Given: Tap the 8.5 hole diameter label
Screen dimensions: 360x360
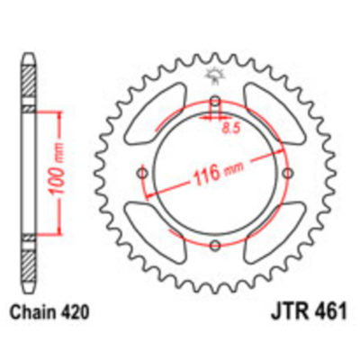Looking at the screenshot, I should click(230, 129).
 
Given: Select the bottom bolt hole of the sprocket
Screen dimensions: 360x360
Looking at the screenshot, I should click(214, 244).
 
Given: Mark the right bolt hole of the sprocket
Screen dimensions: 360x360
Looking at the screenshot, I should click(286, 173).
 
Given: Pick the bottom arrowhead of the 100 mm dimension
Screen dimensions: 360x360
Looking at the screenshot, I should click(59, 230).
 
